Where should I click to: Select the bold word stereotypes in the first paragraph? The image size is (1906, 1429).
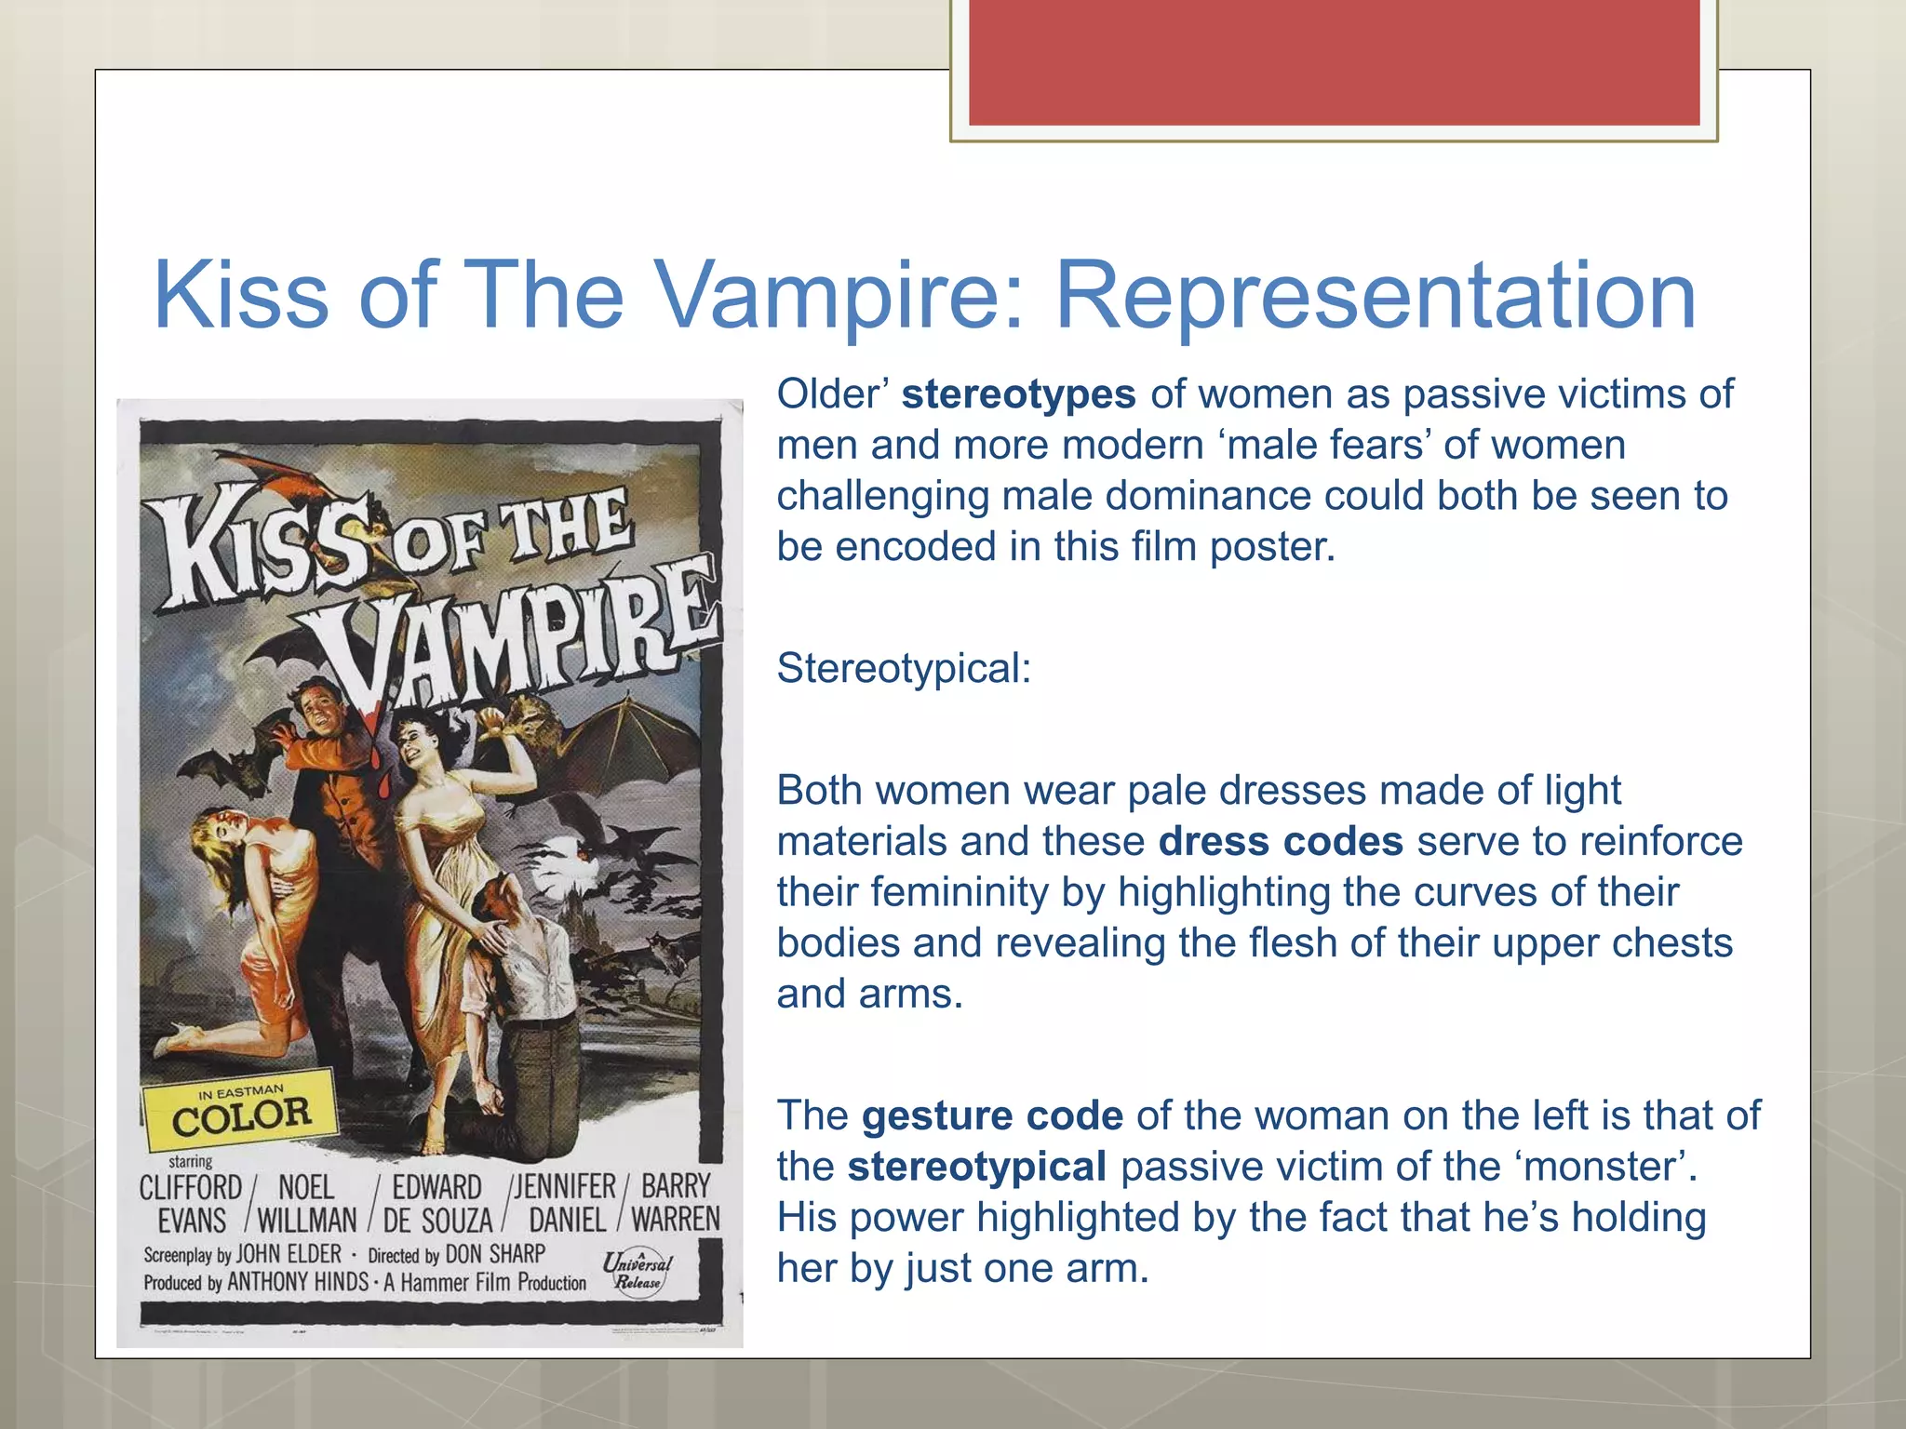pyautogui.click(x=1018, y=394)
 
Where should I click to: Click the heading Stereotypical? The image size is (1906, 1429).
pyautogui.click(x=904, y=668)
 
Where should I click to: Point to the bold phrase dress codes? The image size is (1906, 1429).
pyautogui.click(x=1281, y=841)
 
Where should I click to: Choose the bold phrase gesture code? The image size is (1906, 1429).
pyautogui.click(x=992, y=1115)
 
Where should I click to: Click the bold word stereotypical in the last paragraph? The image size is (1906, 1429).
pyautogui.click(x=976, y=1167)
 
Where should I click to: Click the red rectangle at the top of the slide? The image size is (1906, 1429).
pyautogui.click(x=1334, y=62)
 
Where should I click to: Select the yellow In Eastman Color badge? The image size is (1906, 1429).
pyautogui.click(x=240, y=1111)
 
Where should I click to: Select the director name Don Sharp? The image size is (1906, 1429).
pyautogui.click(x=495, y=1254)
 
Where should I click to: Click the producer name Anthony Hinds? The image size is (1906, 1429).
pyautogui.click(x=298, y=1282)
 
